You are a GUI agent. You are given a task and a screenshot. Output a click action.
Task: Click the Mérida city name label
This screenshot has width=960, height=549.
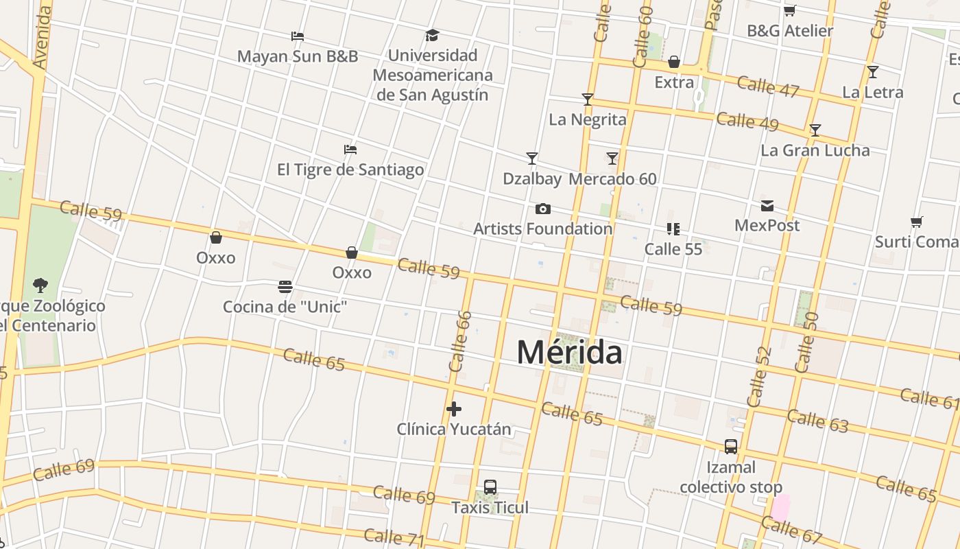[569, 353]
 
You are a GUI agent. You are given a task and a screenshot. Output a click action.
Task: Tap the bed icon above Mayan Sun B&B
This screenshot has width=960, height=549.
[297, 36]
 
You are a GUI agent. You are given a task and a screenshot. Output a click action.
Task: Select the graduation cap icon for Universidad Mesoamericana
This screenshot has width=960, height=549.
[432, 35]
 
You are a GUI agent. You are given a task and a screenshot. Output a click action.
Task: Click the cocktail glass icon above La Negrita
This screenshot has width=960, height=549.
[587, 100]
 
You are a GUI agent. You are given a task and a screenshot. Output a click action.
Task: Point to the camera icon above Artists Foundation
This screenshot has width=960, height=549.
[542, 209]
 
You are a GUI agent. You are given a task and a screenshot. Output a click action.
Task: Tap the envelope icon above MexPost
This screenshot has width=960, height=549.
[767, 206]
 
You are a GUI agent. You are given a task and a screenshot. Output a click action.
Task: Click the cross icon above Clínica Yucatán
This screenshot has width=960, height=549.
[453, 409]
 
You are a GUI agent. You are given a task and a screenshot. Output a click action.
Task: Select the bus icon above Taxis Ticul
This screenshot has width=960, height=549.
[490, 487]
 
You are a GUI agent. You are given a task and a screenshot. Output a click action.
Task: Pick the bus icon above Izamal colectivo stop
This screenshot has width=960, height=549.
[731, 447]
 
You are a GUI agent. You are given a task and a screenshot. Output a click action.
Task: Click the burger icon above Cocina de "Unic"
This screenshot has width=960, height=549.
[285, 286]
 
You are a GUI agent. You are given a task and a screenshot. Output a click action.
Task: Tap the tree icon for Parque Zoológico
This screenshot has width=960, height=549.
[40, 285]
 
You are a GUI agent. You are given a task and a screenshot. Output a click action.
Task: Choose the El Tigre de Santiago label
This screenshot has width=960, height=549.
[350, 170]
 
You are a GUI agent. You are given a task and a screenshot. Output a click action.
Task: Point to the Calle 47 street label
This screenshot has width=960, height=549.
[768, 86]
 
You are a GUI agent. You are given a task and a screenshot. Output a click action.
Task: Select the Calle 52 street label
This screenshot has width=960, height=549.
[760, 377]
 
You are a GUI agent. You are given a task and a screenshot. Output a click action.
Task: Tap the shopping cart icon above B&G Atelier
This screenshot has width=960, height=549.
[789, 10]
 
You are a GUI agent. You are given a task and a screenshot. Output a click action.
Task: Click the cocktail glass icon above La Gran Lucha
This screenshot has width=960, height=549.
[815, 130]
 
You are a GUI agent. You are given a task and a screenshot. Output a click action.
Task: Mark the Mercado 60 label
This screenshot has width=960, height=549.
[612, 179]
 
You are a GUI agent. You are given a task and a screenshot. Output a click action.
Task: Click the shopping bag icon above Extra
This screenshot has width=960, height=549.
[674, 62]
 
